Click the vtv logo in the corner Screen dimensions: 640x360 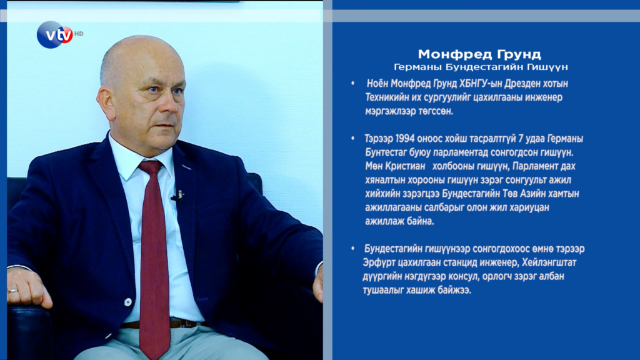(x=55, y=35)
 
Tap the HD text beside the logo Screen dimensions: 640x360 (x=79, y=34)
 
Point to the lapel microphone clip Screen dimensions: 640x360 (x=178, y=196)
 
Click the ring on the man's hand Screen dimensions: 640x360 (x=14, y=291)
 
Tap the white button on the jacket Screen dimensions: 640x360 (x=128, y=302)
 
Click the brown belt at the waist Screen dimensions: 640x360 (x=163, y=324)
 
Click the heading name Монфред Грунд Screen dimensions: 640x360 (x=479, y=54)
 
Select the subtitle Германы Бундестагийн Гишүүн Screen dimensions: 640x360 (x=481, y=66)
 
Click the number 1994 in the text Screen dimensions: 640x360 (x=405, y=139)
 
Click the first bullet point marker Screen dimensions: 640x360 (x=352, y=84)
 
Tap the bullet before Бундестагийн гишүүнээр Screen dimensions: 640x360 (x=352, y=249)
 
